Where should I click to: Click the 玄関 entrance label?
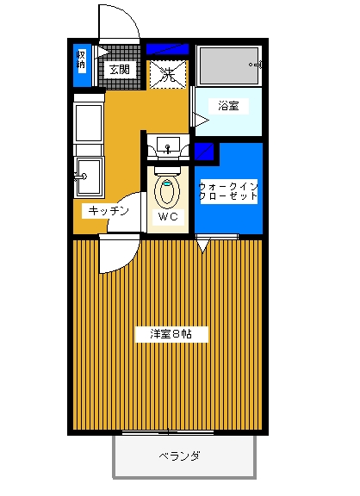point(120,69)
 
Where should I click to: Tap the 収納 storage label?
point(81,60)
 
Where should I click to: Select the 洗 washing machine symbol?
point(168,75)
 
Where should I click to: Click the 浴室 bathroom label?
point(228,106)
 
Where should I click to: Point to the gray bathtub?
point(228,66)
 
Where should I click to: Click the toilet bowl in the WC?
point(167,191)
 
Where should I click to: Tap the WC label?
point(168,217)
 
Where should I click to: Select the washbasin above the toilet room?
point(168,146)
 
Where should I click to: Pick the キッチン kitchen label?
point(109,211)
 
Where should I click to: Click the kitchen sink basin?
point(89,177)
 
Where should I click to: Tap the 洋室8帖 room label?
point(171,334)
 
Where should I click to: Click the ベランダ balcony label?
point(179,456)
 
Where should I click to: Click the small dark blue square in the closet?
point(204,152)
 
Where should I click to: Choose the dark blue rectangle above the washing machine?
point(167,49)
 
